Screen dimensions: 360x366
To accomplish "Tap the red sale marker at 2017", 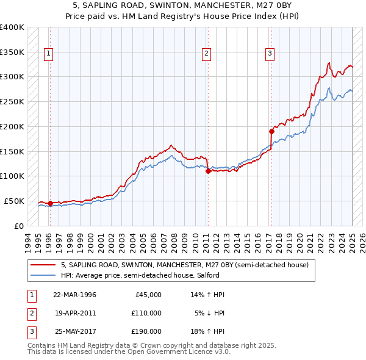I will point(271,131).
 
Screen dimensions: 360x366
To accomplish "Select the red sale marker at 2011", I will point(208,171).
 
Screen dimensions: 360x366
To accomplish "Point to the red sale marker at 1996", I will point(50,203).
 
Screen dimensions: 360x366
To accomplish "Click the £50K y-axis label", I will point(15,201).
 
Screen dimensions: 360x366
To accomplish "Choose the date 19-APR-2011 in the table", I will point(74,313).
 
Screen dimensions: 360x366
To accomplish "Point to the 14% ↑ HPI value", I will point(209,295).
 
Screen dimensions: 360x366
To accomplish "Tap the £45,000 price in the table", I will point(147,295).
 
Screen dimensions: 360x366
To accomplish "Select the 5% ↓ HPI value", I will point(210,313).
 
